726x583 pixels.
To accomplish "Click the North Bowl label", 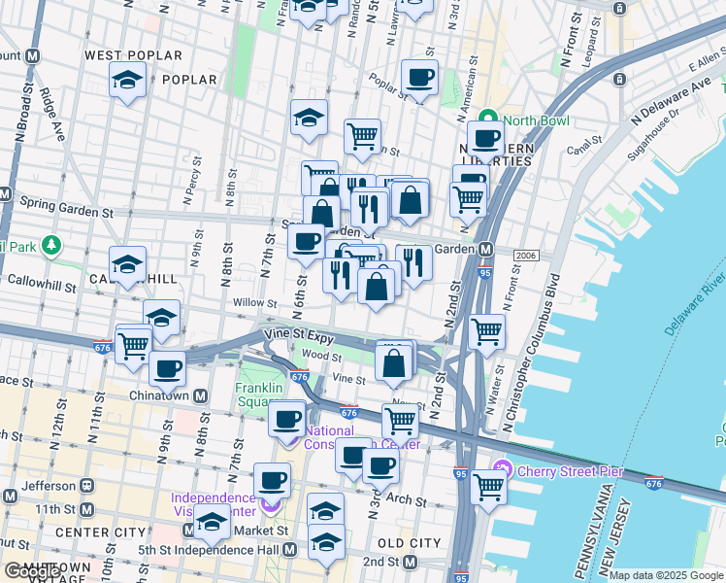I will click(534, 121).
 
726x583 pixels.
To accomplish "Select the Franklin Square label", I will click(258, 396).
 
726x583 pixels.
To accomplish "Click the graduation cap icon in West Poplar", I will click(127, 82).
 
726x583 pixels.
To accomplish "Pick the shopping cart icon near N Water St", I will click(486, 332).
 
